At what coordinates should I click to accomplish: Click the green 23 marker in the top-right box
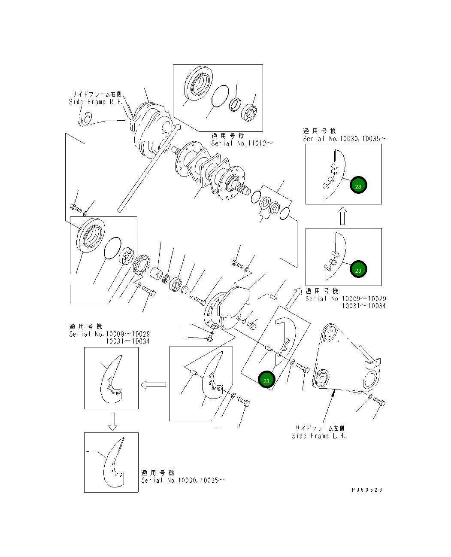point(358,186)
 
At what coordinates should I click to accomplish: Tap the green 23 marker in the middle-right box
point(358,270)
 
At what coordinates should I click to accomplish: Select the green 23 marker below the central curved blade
point(266,380)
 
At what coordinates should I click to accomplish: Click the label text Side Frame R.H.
point(96,102)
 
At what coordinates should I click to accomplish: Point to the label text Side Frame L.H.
point(318,436)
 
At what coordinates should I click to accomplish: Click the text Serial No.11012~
point(242,143)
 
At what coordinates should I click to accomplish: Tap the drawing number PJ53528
point(367,490)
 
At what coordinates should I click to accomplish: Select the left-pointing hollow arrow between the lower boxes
point(153,385)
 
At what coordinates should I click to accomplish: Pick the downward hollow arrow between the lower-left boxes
point(112,421)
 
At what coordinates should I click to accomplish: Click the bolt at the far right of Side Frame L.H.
point(379,402)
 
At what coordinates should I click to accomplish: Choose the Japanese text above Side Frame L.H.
point(319,428)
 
